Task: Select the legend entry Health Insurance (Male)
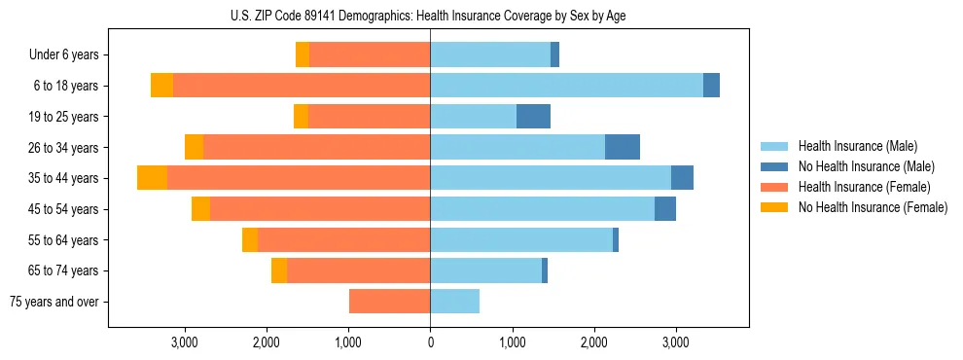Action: (x=857, y=146)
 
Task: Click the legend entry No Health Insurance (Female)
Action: (x=873, y=207)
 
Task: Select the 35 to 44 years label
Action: (x=63, y=178)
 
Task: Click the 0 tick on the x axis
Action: (x=430, y=342)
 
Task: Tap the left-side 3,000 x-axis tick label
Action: (x=185, y=342)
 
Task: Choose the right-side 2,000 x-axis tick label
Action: (x=594, y=342)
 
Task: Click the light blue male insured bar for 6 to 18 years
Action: (x=566, y=86)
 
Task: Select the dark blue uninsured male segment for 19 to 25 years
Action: (x=533, y=117)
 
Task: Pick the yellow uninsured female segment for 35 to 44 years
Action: (x=152, y=178)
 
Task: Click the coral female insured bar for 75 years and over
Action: (x=389, y=302)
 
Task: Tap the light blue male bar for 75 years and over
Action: (x=454, y=302)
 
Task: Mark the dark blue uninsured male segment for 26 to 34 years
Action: (x=623, y=147)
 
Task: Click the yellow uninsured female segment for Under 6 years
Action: (x=303, y=55)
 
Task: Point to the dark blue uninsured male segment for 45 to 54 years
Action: (x=665, y=209)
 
